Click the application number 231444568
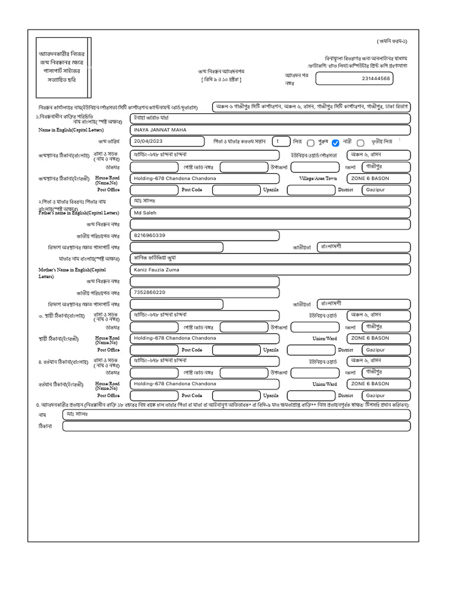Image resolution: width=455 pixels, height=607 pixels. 376,78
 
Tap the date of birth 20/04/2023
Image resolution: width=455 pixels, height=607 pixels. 148,142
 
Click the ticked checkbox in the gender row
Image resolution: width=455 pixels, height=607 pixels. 336,143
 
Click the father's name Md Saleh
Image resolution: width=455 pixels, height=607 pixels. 145,212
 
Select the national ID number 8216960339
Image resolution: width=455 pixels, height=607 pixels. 150,235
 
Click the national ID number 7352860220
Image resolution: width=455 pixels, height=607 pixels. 150,292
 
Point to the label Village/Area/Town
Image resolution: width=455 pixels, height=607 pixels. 318,178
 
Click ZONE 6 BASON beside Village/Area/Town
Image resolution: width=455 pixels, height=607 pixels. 370,178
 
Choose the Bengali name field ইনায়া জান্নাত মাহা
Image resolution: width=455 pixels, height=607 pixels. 152,118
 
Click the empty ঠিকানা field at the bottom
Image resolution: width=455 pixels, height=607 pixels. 236,426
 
